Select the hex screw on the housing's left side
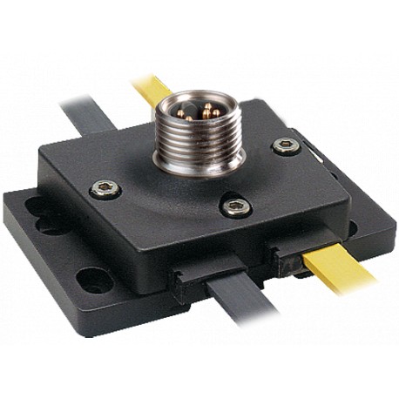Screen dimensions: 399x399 coord(106,189)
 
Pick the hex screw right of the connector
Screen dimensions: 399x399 coord(286,145)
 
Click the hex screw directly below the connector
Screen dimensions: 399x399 coord(235,206)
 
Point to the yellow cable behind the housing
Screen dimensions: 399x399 coord(149,88)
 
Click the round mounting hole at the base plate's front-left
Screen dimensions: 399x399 coord(93,280)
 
